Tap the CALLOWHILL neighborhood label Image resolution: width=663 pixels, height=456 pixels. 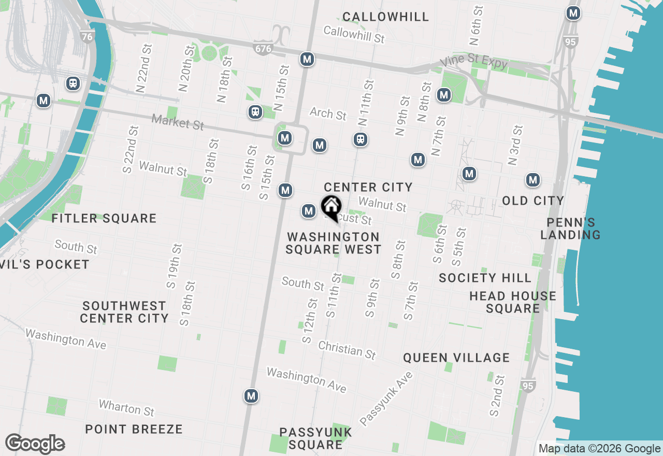click(x=385, y=17)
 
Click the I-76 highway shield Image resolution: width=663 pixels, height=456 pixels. click(x=88, y=36)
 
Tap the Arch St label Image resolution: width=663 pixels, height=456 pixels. click(x=328, y=113)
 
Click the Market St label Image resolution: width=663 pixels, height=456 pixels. click(x=178, y=123)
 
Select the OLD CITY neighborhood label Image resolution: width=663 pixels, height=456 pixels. click(x=532, y=201)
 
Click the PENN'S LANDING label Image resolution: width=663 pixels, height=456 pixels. click(x=570, y=229)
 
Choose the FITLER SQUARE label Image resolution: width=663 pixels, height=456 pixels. click(x=104, y=218)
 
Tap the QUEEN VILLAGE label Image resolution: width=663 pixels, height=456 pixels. click(x=456, y=358)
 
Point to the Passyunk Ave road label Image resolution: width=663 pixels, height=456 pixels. click(x=386, y=398)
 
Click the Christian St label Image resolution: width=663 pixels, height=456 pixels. click(x=347, y=350)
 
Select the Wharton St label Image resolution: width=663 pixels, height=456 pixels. click(x=126, y=408)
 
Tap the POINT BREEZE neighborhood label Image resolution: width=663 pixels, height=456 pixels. click(x=134, y=429)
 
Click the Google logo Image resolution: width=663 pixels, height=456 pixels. click(x=35, y=444)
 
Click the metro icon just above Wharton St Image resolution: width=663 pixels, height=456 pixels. click(x=251, y=396)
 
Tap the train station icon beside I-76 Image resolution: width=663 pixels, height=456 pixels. click(x=73, y=83)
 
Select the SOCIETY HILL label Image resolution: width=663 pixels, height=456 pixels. click(x=485, y=278)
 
